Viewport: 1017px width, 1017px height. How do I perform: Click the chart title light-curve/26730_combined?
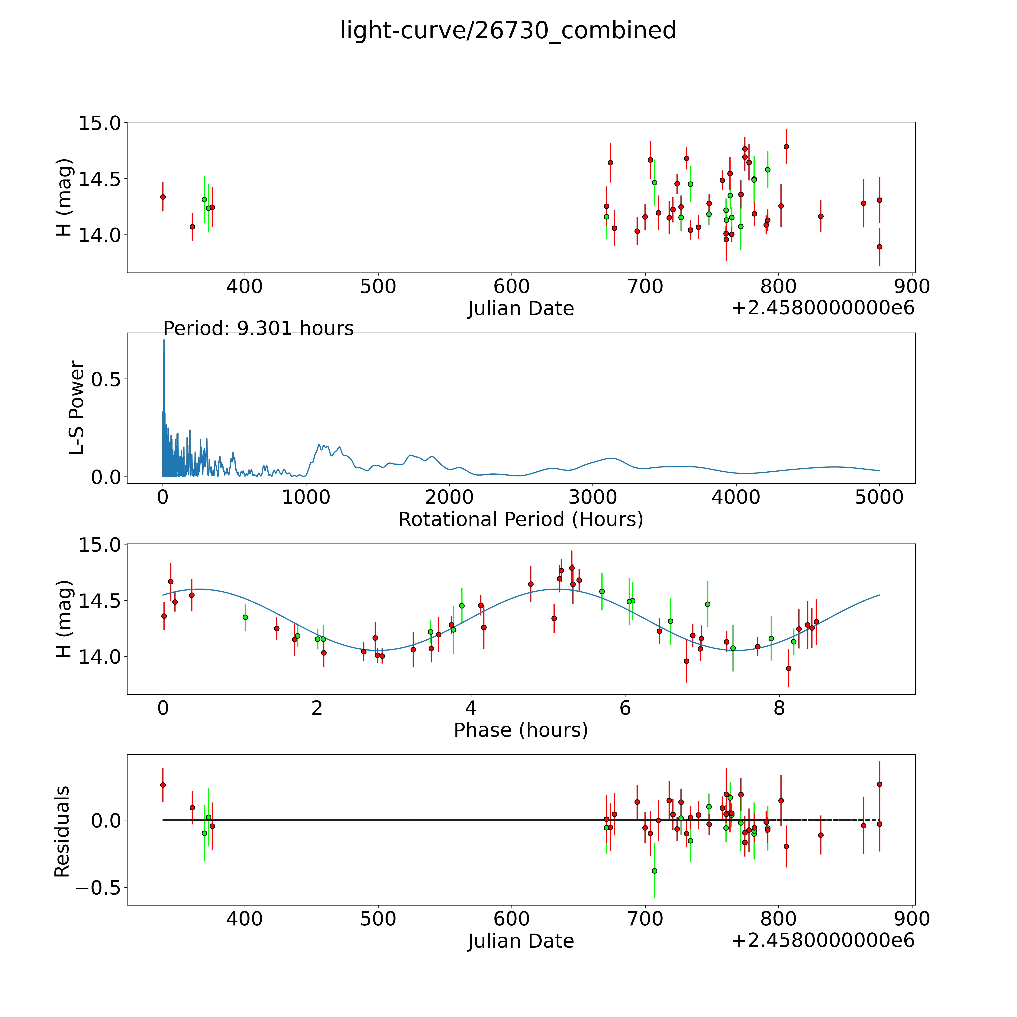[508, 31]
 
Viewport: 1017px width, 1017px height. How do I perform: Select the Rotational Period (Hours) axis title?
[521, 520]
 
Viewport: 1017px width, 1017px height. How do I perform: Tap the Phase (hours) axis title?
[521, 730]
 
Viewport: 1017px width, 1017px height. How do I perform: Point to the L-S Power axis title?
[77, 408]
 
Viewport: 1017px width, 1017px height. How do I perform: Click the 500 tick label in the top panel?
[378, 287]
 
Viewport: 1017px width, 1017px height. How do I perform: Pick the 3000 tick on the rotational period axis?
[593, 497]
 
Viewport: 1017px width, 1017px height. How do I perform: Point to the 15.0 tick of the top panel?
[99, 123]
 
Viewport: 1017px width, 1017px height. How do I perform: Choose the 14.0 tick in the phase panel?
[99, 656]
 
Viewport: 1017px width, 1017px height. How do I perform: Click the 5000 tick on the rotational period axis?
[879, 497]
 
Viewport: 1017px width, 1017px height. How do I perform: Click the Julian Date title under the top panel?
[521, 308]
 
